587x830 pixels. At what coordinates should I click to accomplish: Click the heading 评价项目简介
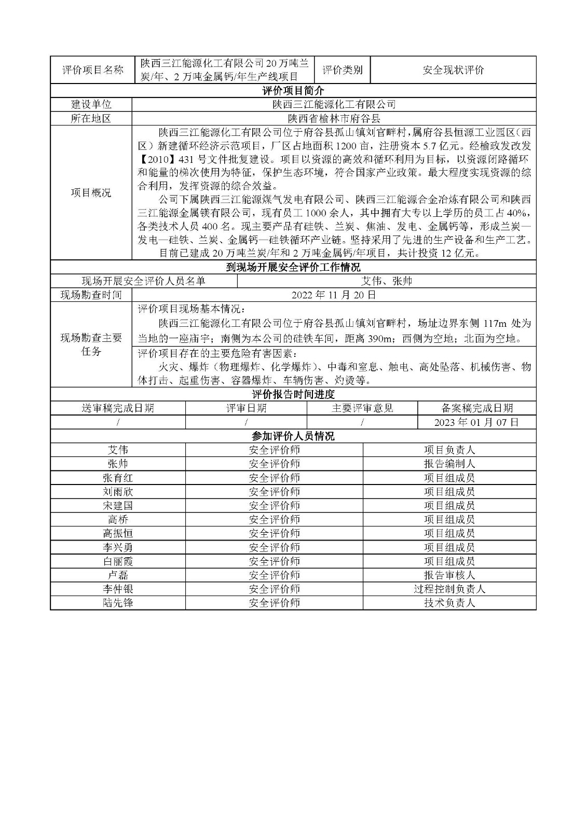tap(293, 91)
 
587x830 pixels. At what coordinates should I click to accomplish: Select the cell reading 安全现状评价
tap(453, 70)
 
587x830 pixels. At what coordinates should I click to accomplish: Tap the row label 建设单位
tap(91, 105)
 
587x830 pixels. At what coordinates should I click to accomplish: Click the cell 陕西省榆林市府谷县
tap(334, 118)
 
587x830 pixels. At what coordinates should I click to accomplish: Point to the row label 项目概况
tap(91, 193)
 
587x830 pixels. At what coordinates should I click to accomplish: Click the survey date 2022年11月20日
tap(334, 295)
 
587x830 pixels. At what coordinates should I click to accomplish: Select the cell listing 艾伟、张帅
tap(386, 281)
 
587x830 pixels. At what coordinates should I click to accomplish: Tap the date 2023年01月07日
tap(476, 422)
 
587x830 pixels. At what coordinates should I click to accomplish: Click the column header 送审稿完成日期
tap(118, 408)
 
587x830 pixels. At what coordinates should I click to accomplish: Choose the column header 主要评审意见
tap(362, 408)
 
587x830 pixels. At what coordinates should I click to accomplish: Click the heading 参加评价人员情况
tap(293, 436)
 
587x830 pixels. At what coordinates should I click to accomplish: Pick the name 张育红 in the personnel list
tap(118, 478)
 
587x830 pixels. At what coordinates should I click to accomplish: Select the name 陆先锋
tap(118, 603)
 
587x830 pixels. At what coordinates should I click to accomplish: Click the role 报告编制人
tap(449, 464)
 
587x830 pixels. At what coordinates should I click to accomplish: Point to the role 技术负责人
tap(449, 603)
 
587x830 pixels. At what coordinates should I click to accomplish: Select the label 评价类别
tap(343, 70)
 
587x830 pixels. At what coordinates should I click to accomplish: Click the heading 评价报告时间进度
tap(293, 394)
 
